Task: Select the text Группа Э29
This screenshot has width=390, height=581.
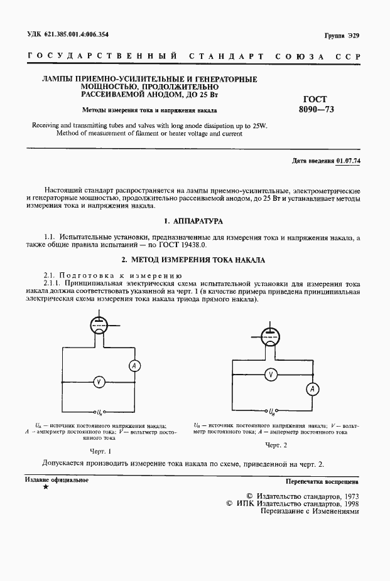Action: [342, 35]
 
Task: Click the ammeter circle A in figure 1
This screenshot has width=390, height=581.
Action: [133, 365]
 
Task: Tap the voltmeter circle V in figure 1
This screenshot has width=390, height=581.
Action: [98, 381]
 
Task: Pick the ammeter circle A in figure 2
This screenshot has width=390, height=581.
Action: [310, 390]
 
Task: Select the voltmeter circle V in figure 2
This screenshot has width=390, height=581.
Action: [271, 374]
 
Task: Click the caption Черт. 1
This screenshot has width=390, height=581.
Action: [100, 451]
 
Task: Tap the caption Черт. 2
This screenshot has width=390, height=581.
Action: [276, 445]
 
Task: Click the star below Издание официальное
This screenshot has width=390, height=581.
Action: [45, 488]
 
